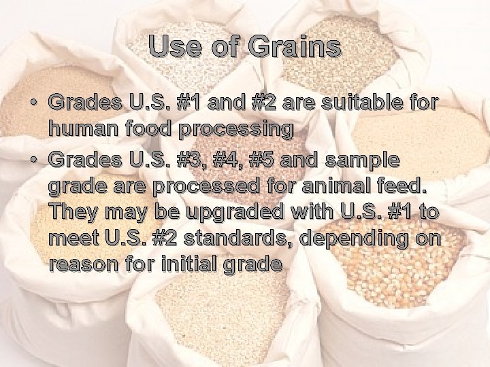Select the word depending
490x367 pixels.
(x=361, y=239)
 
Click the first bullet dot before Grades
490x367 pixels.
(x=33, y=103)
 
